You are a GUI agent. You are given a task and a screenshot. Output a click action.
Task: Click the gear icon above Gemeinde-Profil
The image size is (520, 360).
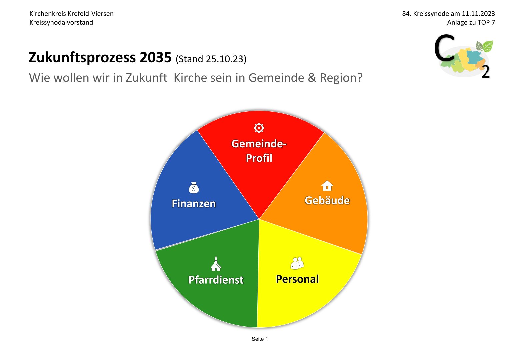tap(259, 128)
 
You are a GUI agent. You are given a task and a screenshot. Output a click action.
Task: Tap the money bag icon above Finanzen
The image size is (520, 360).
tap(194, 188)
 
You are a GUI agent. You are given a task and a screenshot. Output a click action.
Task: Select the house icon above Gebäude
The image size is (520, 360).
tap(327, 185)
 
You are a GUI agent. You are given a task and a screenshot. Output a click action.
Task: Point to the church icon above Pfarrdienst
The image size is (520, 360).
tap(216, 263)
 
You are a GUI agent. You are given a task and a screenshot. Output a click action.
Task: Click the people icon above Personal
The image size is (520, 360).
tap(297, 263)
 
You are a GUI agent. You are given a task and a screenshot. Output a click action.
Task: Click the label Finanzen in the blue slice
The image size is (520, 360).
tap(194, 204)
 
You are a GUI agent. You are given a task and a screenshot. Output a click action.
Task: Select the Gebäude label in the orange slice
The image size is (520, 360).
tap(327, 200)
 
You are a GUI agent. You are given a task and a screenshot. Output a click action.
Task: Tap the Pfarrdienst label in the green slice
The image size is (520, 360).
tap(216, 280)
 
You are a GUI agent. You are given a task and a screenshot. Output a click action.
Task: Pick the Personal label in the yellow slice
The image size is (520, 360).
tap(297, 279)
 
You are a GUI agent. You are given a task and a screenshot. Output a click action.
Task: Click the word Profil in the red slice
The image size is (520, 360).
tap(259, 158)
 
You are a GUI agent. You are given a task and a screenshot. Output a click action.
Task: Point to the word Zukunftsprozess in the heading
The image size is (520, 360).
tap(82, 58)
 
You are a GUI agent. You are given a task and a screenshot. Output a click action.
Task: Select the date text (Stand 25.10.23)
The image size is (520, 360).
tap(211, 59)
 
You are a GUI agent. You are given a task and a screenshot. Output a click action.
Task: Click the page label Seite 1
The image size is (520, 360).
tap(260, 339)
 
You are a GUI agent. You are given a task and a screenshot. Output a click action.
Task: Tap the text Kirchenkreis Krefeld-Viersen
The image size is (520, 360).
tap(71, 14)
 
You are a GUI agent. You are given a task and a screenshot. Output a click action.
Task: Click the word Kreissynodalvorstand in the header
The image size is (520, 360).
tap(61, 23)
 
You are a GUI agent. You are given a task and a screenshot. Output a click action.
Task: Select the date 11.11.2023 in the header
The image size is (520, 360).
tap(478, 14)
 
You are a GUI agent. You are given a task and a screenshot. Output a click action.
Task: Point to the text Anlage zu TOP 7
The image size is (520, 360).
tap(471, 23)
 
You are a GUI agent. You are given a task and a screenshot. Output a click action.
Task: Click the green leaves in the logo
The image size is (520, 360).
tap(484, 46)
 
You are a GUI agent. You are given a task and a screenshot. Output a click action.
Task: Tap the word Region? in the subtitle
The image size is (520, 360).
tap(341, 78)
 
